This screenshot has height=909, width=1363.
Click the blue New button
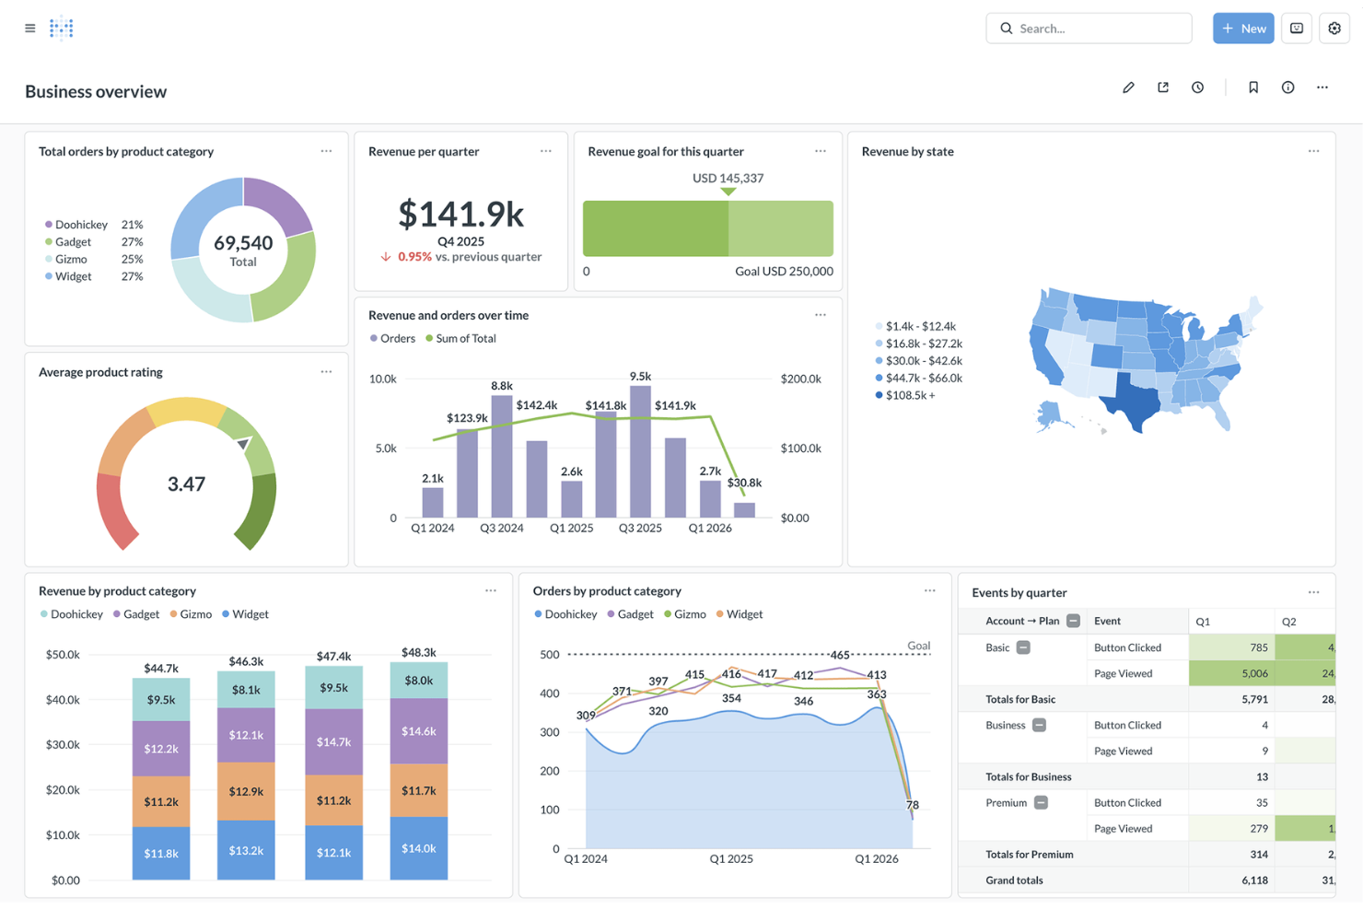(1242, 29)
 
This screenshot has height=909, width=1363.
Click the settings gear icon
(1334, 29)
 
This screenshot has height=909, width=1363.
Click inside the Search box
(1096, 29)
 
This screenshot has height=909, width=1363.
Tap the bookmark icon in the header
(1252, 87)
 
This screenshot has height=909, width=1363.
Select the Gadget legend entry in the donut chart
(73, 242)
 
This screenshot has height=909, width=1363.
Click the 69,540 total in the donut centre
(243, 243)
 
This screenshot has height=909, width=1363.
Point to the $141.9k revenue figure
(460, 215)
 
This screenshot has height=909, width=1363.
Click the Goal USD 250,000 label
(784, 272)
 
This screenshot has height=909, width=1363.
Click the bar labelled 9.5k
(640, 451)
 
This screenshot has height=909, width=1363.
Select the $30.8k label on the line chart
(744, 483)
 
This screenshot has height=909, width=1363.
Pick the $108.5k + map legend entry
(909, 395)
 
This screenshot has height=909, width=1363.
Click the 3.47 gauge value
(186, 484)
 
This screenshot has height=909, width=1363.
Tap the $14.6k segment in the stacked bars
(419, 731)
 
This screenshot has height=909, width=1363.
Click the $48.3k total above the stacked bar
(419, 652)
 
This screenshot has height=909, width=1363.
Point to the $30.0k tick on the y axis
(63, 744)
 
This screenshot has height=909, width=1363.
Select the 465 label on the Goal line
(839, 655)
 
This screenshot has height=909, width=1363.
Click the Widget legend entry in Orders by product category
(743, 614)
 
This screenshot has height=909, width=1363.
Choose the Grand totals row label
(1014, 880)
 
